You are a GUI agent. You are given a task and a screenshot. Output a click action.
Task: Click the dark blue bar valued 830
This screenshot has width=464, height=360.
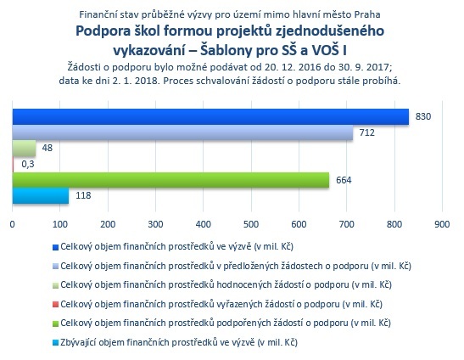coord(210,116)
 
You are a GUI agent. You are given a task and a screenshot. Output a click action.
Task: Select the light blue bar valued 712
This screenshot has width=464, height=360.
coord(182,132)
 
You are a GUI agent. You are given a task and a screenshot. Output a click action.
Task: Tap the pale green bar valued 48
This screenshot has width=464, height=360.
coord(24,148)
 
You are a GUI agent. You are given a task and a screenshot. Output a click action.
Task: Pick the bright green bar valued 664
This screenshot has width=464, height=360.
coord(171,180)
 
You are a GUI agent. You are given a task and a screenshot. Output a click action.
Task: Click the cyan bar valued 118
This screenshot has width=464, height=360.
coord(41,195)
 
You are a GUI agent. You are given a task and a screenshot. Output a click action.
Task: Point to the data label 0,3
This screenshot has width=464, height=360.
coord(28,164)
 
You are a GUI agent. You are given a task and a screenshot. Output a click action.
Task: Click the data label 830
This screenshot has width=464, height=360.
coord(423,116)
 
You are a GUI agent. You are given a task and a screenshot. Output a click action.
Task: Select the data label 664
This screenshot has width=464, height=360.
coord(344,180)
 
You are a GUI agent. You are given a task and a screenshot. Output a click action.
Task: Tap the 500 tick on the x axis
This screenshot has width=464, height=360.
coord(251,224)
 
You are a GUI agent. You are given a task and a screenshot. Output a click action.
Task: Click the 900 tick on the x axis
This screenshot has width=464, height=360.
coord(442,224)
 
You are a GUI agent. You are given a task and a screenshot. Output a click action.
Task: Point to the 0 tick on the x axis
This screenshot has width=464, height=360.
coord(12,224)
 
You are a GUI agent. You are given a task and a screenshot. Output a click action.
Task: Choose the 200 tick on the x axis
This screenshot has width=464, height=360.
coord(108,224)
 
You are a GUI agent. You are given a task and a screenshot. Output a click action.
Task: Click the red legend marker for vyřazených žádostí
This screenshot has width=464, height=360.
coord(55,304)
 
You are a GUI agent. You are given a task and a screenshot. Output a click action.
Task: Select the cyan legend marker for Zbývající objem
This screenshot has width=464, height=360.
coord(55,342)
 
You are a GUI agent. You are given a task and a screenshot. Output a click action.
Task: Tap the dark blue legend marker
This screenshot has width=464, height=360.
coord(55,247)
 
